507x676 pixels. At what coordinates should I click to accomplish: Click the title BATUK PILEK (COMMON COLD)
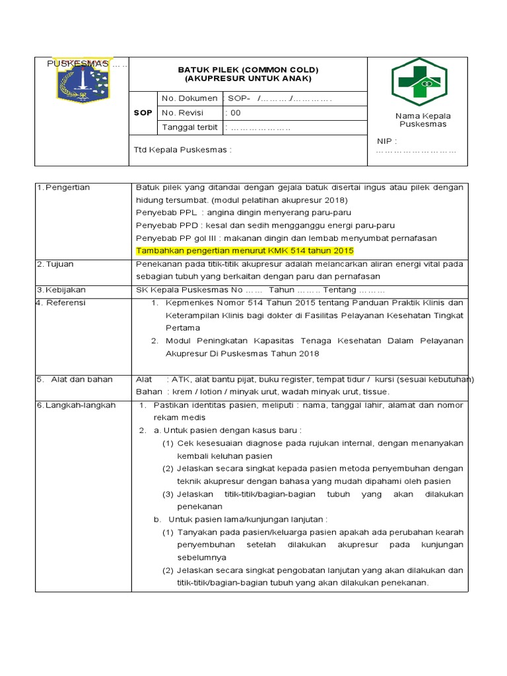click(248, 69)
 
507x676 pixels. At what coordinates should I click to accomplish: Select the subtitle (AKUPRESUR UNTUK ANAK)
click(248, 79)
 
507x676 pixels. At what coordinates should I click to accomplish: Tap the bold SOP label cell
click(143, 113)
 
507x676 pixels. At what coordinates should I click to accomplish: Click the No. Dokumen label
click(189, 98)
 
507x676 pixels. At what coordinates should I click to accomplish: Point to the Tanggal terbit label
click(190, 127)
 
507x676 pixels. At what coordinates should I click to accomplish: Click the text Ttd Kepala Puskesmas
click(183, 150)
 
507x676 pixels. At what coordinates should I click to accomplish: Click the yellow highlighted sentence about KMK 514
click(245, 251)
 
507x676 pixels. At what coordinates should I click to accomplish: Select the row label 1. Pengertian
click(63, 187)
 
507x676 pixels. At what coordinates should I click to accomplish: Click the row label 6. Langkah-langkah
click(76, 405)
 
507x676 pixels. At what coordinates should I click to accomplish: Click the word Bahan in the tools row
click(149, 391)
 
